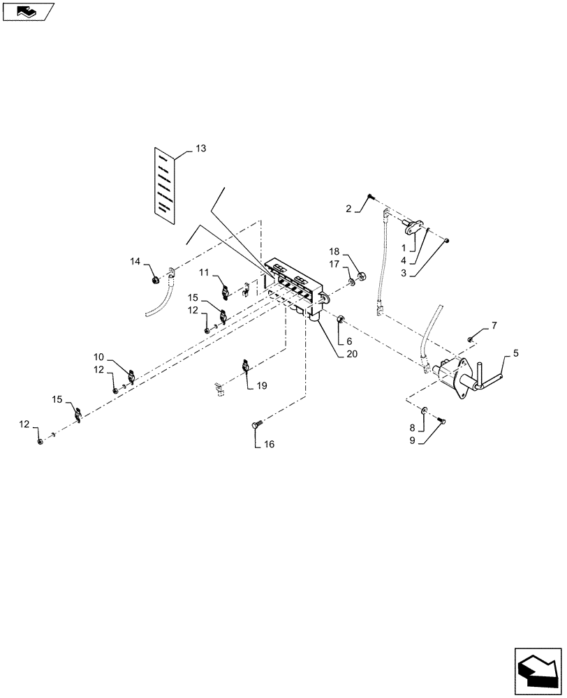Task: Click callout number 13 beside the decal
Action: click(x=201, y=149)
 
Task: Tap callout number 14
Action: click(x=135, y=260)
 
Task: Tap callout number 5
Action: click(x=515, y=353)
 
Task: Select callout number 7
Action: click(x=494, y=325)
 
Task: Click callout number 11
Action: click(x=204, y=271)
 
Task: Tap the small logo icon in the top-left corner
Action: click(x=26, y=10)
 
